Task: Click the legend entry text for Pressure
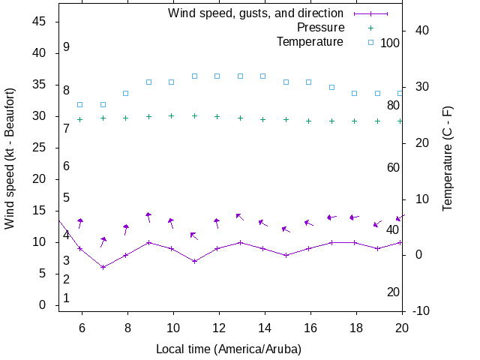(310, 28)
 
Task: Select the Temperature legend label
(310, 41)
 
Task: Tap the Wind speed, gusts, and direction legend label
(256, 13)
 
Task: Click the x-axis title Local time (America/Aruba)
(229, 349)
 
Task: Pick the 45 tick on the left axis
(40, 22)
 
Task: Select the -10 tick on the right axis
(421, 310)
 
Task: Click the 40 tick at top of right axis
(421, 30)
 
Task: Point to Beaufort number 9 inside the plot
(66, 46)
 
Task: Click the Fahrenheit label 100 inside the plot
(390, 43)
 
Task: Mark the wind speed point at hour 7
(103, 267)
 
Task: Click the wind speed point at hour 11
(194, 261)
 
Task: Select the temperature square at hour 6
(80, 104)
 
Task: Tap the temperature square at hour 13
(240, 76)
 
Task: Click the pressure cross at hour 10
(172, 115)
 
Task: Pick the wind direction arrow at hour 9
(148, 217)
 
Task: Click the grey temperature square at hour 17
(331, 87)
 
